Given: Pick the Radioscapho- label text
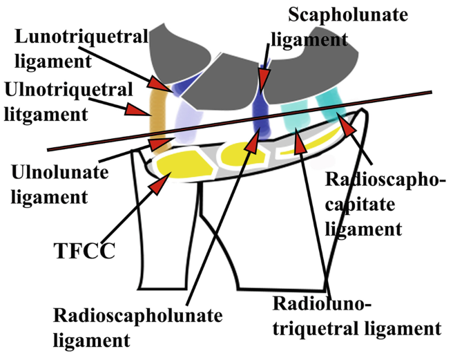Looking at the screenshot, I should [x=385, y=181].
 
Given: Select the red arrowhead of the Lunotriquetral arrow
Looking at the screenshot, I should [x=161, y=84].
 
